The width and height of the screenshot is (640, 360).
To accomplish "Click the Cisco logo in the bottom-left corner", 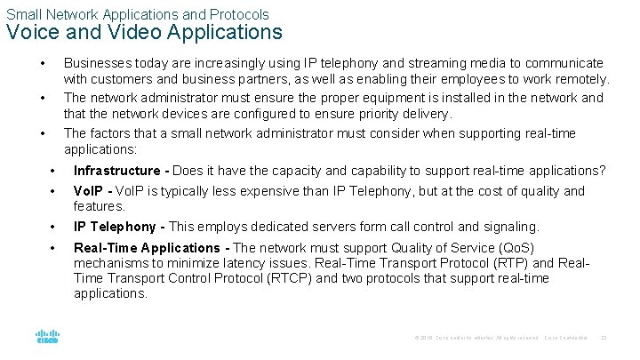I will [47, 338].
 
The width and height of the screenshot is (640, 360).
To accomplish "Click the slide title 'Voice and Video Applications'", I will [144, 34].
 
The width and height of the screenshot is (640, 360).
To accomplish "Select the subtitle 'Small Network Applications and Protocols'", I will [138, 14].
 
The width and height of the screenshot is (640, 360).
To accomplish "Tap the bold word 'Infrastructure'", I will [117, 171].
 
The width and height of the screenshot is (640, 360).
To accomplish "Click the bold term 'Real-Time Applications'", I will [147, 248].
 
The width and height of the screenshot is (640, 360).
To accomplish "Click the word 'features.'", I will [99, 205].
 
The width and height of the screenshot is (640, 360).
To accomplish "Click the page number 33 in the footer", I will [604, 339].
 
